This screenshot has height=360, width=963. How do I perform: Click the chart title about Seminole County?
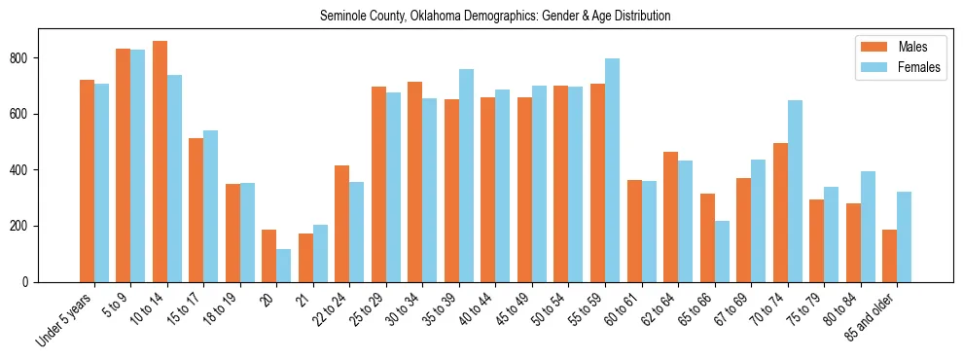495,17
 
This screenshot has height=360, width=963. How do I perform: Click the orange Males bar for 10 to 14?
160,162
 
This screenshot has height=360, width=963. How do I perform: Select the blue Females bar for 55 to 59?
612,170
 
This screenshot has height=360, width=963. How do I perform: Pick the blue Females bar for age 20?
284,266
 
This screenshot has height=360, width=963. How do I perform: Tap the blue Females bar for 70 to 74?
795,191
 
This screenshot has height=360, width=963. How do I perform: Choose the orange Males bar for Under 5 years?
87,181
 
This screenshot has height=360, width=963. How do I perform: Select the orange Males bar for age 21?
305,258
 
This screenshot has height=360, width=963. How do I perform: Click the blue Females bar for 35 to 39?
466,175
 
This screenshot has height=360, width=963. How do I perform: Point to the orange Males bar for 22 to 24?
341,224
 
